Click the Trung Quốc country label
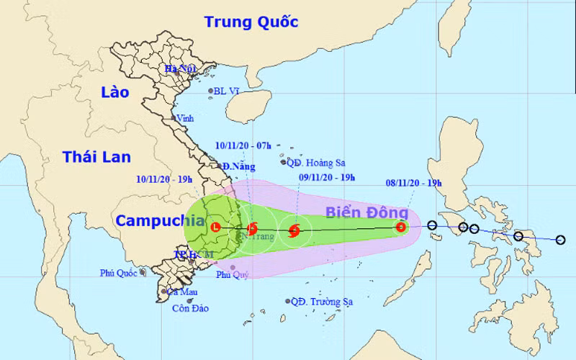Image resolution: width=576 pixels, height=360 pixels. (251, 22)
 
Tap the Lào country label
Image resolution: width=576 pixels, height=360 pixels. (114, 92)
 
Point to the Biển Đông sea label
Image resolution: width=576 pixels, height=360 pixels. (366, 212)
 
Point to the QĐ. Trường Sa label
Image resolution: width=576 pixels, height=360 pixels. (323, 302)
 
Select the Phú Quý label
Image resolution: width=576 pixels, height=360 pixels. (231, 274)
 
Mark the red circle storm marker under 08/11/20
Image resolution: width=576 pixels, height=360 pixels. (401, 228)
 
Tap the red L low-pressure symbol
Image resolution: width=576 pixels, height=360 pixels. (215, 228)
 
